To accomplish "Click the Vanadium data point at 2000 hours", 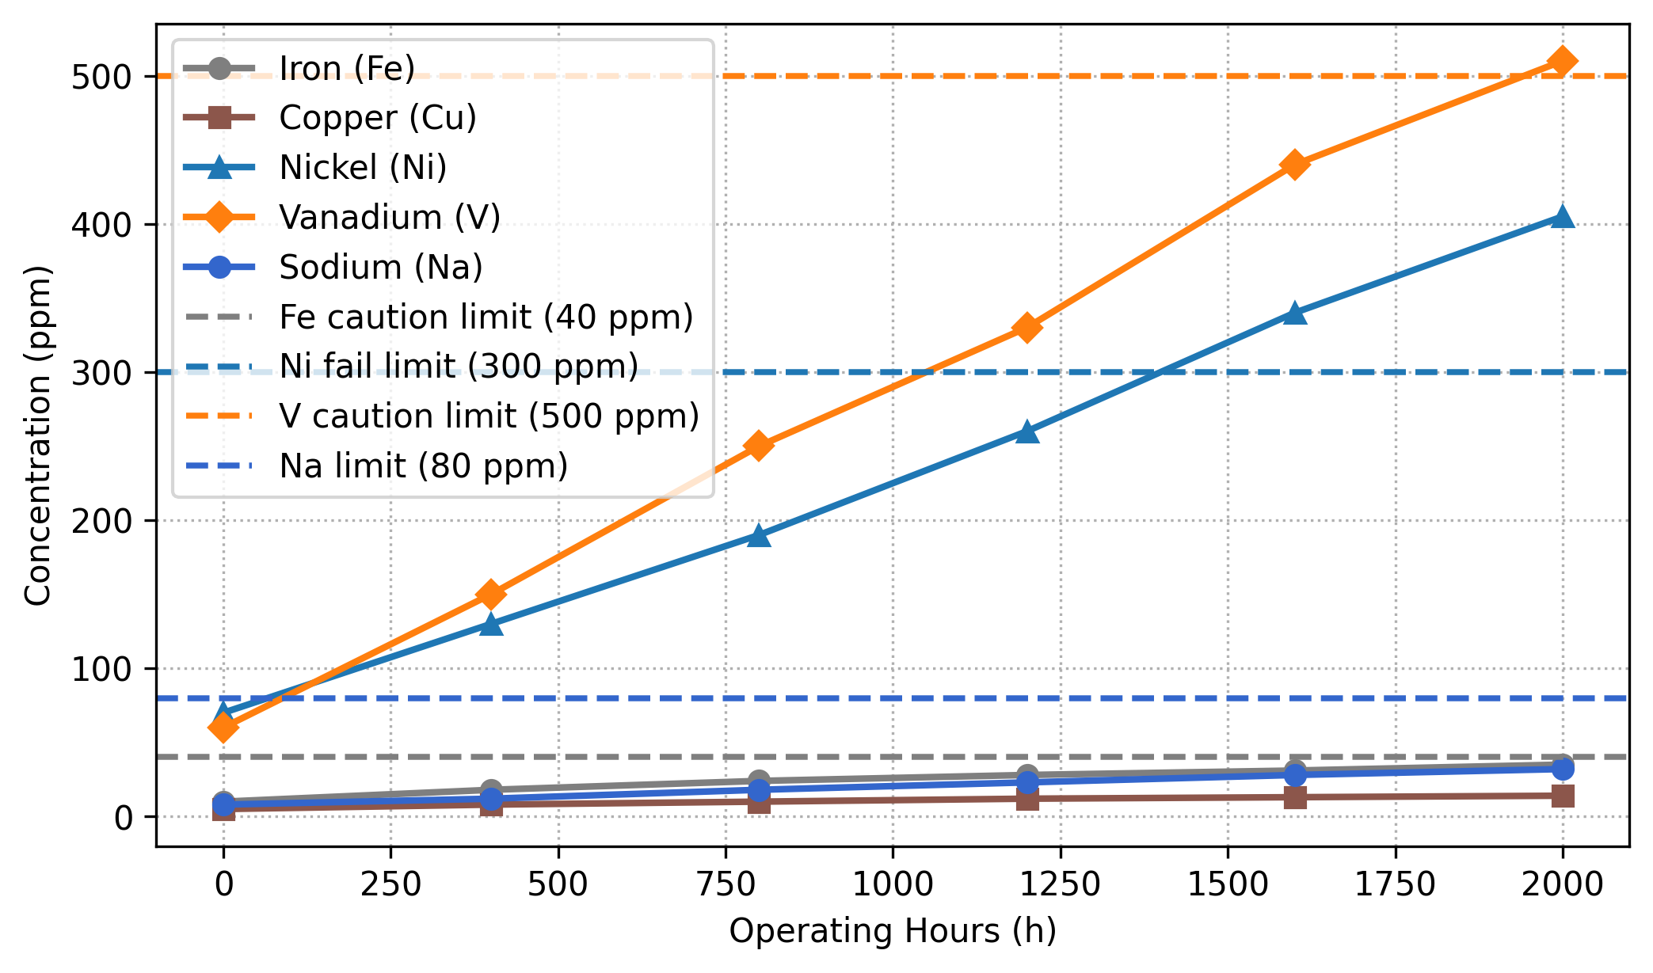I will tap(1562, 62).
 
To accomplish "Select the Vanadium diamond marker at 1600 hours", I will tap(1294, 165).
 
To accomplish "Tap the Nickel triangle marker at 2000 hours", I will tap(1562, 217).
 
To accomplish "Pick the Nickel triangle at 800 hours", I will tap(759, 536).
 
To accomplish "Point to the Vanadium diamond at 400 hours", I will tap(491, 595).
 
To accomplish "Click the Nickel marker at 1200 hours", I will tap(1026, 432).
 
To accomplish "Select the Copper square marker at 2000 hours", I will tap(1562, 796).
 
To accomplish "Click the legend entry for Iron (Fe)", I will tap(346, 69).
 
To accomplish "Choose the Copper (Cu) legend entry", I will tap(377, 118).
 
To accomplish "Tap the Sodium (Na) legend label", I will tap(380, 268).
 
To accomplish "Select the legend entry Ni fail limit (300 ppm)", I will tap(458, 367).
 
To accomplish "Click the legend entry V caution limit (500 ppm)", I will tap(489, 416).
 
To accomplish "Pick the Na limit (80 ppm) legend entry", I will tap(423, 466).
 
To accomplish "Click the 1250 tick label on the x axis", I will tap(1060, 884).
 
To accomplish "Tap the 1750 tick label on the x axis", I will tap(1395, 884).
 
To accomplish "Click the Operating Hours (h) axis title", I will tap(893, 932).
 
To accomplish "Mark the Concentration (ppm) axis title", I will tap(38, 435).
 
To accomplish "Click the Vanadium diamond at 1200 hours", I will tap(1026, 328).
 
